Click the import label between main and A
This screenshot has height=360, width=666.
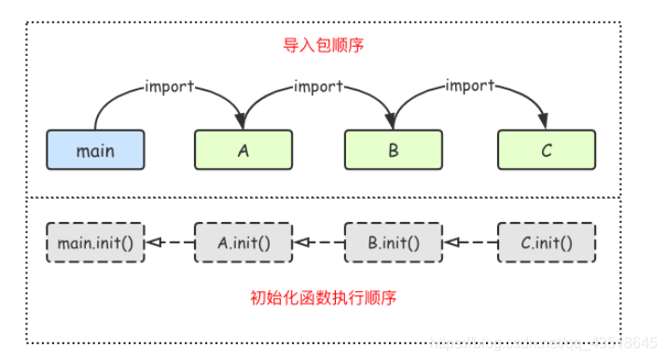[170, 87]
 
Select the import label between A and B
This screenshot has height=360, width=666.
[318, 87]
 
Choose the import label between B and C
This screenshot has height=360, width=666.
[469, 87]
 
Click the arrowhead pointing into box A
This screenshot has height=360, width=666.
[242, 122]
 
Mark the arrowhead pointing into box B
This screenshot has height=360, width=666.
[392, 122]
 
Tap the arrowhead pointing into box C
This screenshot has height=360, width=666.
[545, 122]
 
